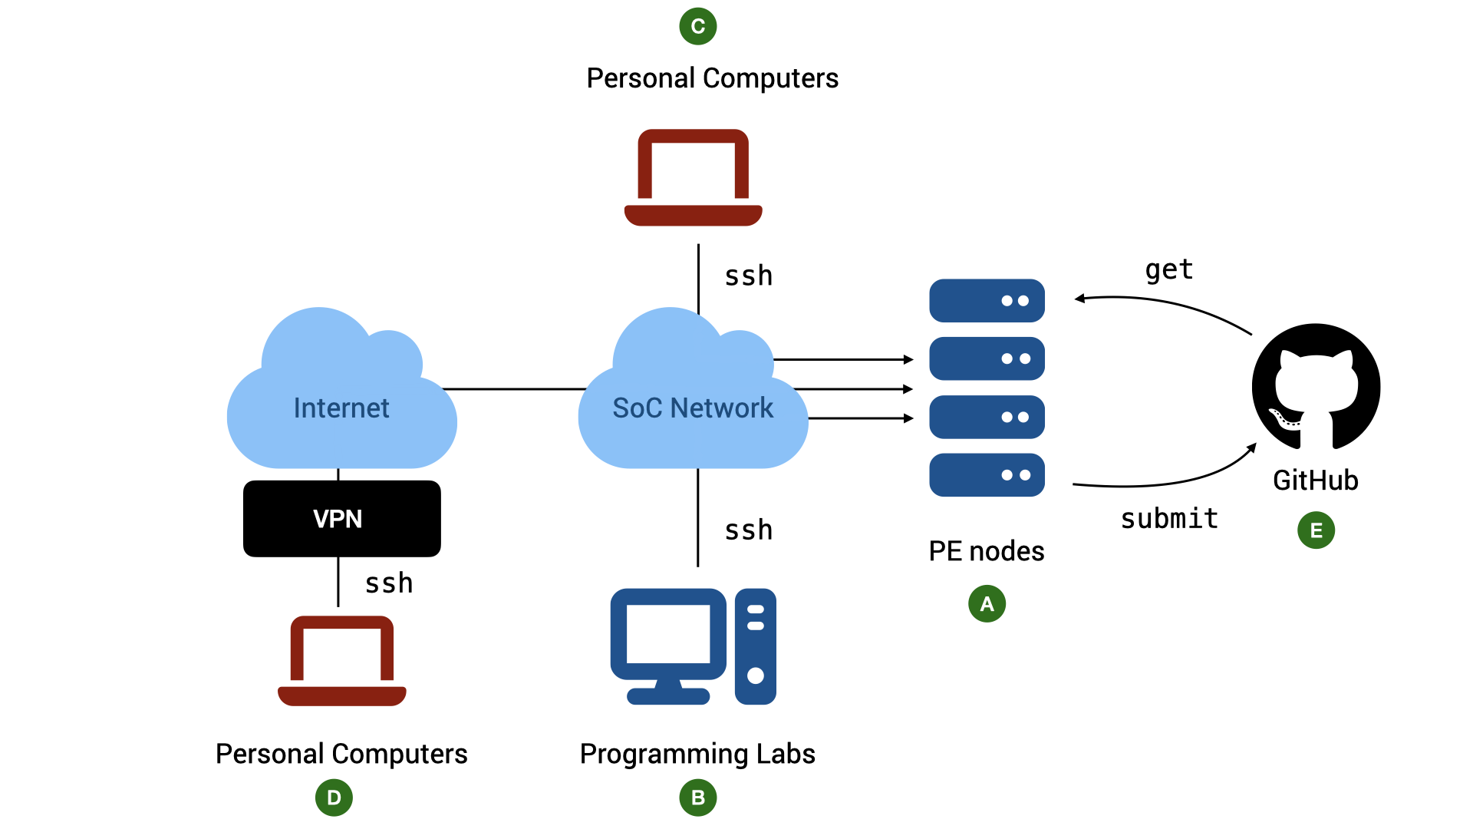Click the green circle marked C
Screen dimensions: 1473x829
coord(698,26)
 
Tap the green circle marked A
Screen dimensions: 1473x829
coord(987,603)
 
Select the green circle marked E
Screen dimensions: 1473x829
coord(1316,530)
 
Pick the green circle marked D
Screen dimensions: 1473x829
coord(334,798)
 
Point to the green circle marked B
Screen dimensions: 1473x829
coord(698,798)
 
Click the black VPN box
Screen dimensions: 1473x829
coord(342,519)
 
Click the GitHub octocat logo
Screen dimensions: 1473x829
coord(1316,386)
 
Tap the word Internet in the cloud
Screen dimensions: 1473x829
coord(341,408)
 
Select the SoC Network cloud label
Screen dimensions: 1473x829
coord(693,408)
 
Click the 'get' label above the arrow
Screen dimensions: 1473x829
coord(1169,270)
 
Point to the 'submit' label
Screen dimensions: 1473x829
coord(1169,519)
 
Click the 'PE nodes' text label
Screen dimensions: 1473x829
coord(987,551)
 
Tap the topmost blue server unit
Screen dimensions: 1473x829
coord(987,300)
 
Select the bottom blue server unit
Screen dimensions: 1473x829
coord(987,475)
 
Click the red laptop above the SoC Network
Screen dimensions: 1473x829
coord(694,177)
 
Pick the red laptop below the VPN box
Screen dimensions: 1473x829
coord(342,661)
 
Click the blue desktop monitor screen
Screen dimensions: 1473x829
coord(668,634)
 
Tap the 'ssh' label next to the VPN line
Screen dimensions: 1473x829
coord(389,583)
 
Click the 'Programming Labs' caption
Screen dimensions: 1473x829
coord(697,754)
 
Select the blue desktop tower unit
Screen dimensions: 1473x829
coord(756,646)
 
